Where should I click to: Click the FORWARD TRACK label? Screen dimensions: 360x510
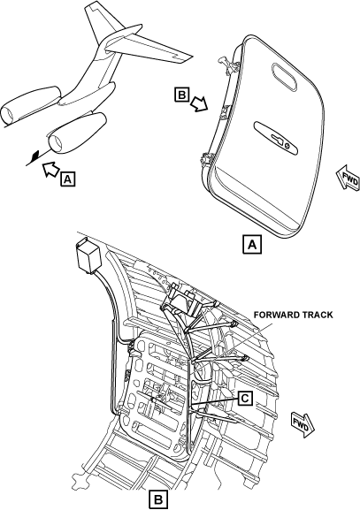tap(294, 315)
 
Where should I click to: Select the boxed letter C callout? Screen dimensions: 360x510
tap(245, 399)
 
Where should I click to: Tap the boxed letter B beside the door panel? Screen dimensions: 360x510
tap(182, 95)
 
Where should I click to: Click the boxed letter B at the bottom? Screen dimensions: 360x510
tap(158, 499)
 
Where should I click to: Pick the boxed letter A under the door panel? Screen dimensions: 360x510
tap(252, 244)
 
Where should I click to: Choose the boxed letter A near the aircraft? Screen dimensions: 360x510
tap(68, 179)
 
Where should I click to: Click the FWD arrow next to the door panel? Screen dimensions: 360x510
tap(349, 178)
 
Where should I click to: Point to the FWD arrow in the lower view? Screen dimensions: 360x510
tap(303, 424)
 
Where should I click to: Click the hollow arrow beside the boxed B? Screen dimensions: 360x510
tap(199, 103)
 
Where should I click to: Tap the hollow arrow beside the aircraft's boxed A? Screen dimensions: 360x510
tap(50, 169)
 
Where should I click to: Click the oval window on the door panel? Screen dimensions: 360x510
tap(285, 76)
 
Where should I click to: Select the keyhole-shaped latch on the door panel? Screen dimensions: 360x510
tap(276, 139)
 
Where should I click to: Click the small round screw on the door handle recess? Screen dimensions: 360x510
tap(287, 146)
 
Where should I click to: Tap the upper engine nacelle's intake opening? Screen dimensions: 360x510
tap(6, 115)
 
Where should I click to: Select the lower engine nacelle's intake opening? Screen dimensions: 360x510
tap(55, 143)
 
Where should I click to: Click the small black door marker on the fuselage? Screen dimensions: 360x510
tap(34, 156)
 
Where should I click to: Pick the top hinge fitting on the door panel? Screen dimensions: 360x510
tap(229, 64)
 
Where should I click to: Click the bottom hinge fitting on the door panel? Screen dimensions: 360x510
tap(206, 159)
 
